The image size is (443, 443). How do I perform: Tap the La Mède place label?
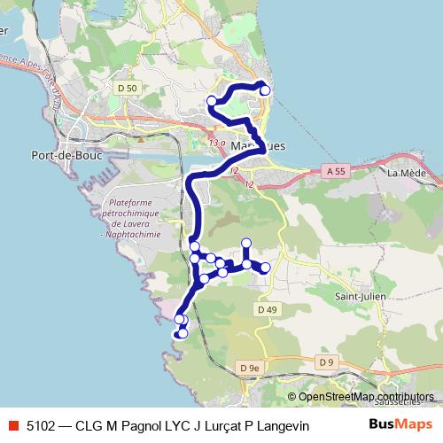408,173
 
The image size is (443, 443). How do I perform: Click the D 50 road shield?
128,88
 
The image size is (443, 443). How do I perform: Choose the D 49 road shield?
268,308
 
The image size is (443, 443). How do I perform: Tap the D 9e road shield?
249,367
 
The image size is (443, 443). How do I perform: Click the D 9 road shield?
326,361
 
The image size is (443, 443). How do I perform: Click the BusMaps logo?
400,424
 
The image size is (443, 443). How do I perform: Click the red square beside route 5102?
12,425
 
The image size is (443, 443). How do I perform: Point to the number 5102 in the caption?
42,425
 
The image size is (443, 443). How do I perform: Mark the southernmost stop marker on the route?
183,333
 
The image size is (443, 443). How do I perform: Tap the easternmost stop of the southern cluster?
265,267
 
